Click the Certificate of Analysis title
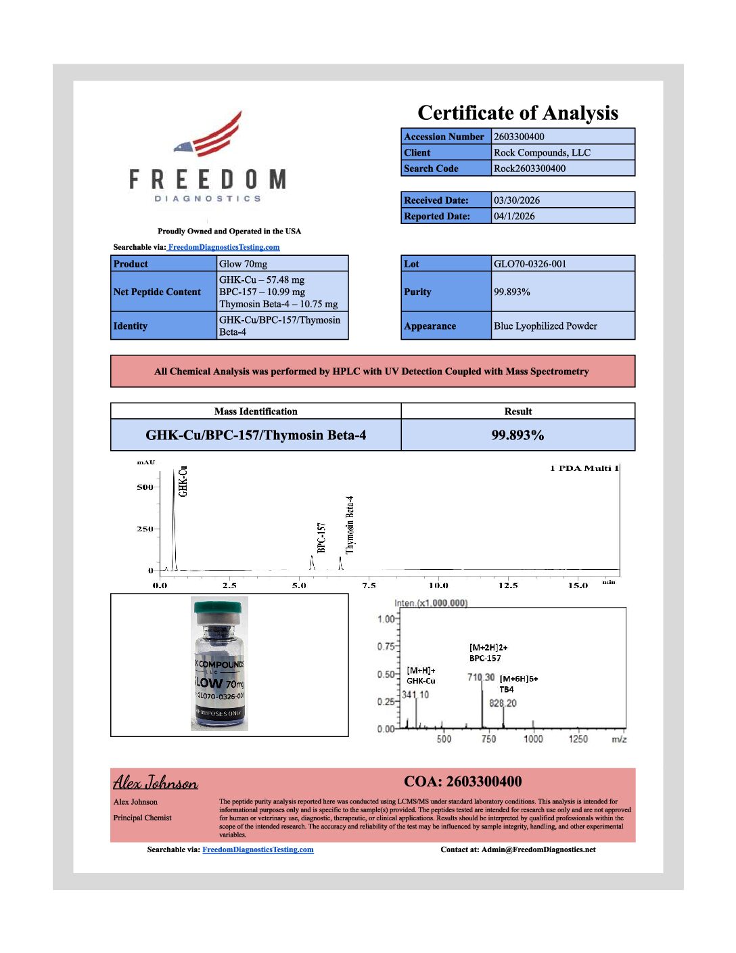tap(517, 113)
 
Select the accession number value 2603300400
tap(519, 137)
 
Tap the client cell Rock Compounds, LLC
tap(542, 152)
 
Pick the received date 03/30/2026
tap(516, 200)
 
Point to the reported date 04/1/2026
tap(514, 216)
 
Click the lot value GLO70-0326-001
tap(530, 264)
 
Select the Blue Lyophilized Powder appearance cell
tap(545, 326)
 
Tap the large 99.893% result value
tap(517, 435)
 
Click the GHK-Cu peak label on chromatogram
tap(183, 481)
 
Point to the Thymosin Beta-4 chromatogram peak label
tap(350, 525)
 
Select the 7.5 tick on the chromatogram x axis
tap(369, 585)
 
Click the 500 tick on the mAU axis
tap(145, 487)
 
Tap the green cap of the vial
tap(218, 607)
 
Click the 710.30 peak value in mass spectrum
tap(481, 677)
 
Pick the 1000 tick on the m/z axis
tap(533, 738)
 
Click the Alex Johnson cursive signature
tap(156, 782)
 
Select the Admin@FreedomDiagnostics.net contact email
tap(538, 849)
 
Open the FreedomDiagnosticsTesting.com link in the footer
tap(258, 849)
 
